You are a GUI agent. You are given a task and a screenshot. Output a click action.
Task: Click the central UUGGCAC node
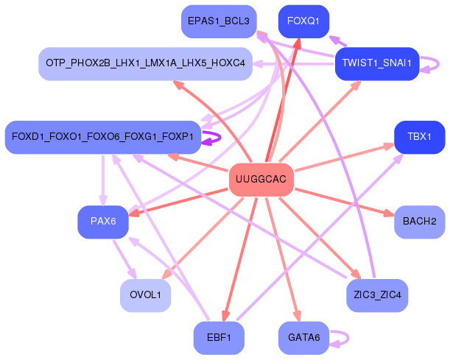click(x=261, y=180)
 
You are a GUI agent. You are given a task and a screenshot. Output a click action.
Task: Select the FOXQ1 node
click(x=303, y=21)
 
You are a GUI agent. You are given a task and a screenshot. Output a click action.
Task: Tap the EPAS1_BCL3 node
click(x=219, y=21)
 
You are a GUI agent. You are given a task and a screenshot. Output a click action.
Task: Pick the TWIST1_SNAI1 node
click(x=376, y=64)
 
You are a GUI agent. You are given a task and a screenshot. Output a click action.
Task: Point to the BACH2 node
click(x=420, y=221)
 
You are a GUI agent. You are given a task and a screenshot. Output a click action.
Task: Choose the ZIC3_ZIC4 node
click(x=376, y=295)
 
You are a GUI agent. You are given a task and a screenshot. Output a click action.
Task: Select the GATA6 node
click(x=303, y=338)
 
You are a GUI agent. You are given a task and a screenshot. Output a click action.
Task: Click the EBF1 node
click(x=219, y=338)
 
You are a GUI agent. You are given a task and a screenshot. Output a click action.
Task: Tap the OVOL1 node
click(x=145, y=295)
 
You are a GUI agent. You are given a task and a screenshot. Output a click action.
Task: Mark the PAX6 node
click(x=103, y=222)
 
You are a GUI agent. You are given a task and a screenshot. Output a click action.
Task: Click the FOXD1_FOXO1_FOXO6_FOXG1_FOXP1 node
click(x=102, y=137)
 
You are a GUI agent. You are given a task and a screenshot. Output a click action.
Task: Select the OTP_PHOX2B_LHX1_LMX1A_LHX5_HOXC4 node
click(x=145, y=64)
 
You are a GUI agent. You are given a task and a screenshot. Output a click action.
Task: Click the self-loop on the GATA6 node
click(x=340, y=338)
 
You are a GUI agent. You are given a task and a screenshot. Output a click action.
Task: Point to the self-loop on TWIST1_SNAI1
click(x=435, y=64)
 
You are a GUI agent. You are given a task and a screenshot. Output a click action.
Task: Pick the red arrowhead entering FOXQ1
click(x=298, y=43)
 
